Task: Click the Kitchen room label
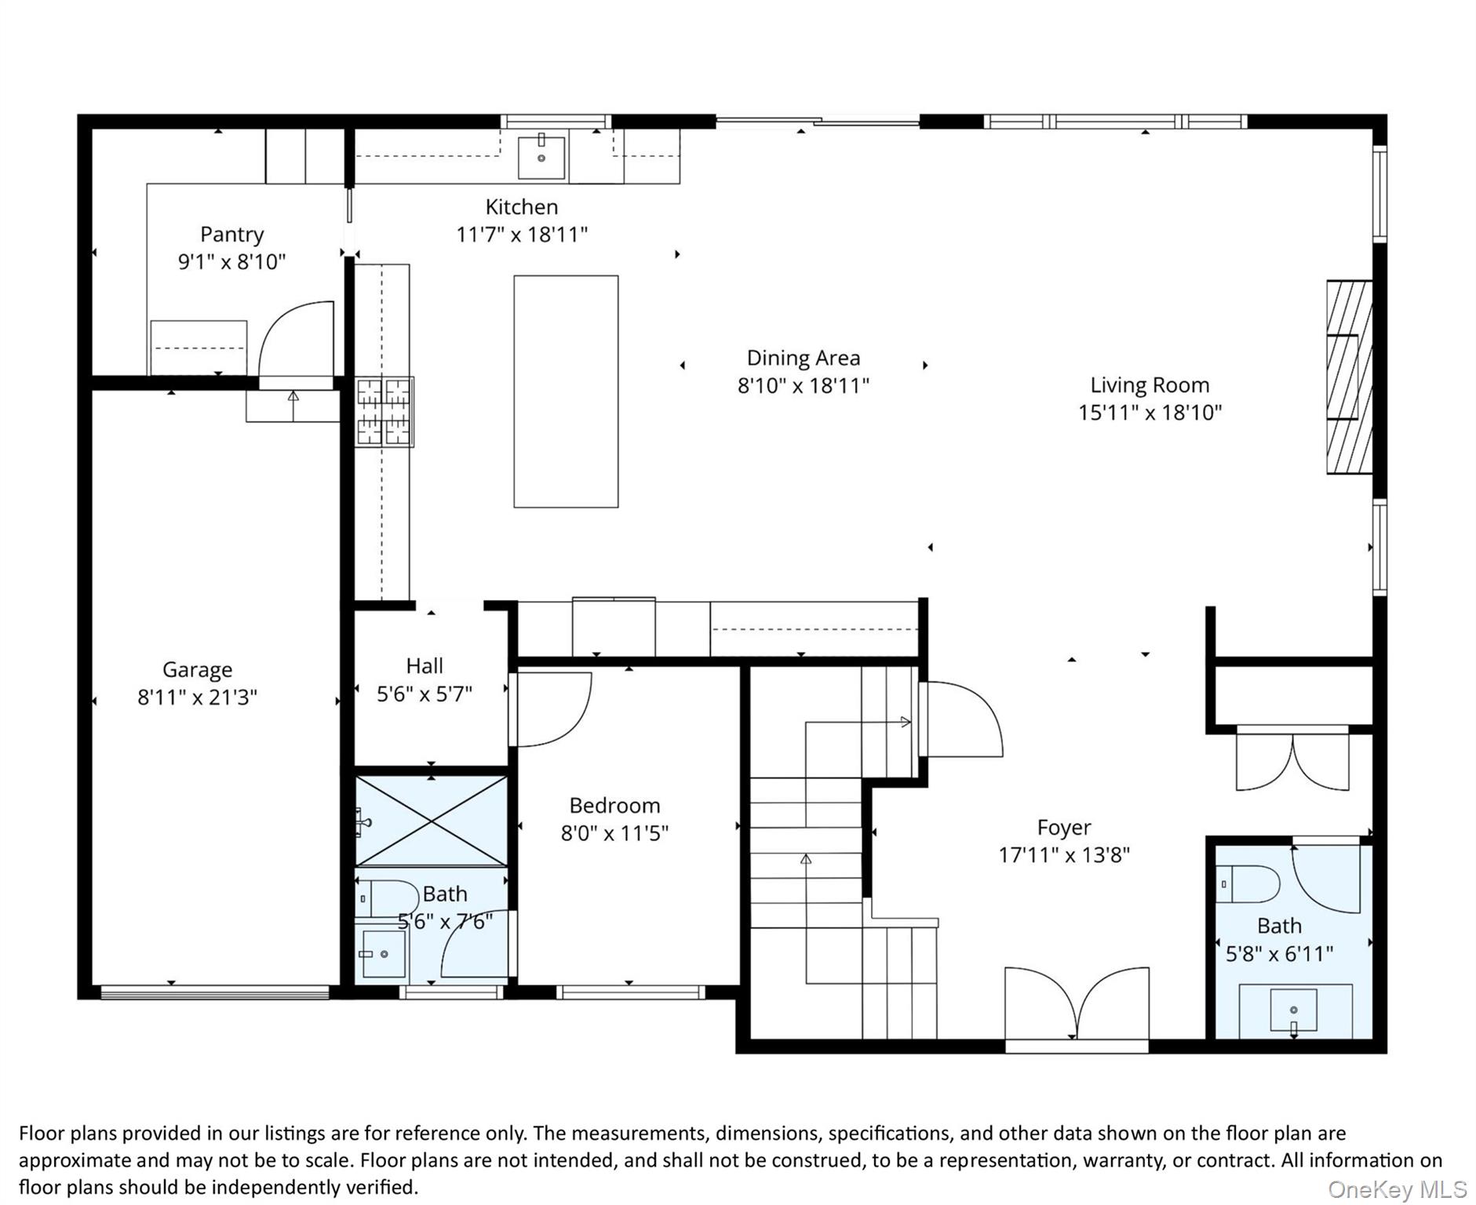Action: (521, 207)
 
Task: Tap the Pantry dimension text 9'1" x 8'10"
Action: (231, 261)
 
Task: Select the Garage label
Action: (197, 670)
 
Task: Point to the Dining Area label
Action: (803, 359)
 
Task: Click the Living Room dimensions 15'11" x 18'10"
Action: (1150, 413)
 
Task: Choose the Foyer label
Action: (1063, 828)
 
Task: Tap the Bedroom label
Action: (614, 806)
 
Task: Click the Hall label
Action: (425, 666)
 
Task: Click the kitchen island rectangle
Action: (566, 391)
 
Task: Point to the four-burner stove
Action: (384, 412)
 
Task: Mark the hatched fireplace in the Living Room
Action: (1349, 377)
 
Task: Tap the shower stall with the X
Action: (431, 821)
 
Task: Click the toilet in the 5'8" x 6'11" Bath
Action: (1248, 885)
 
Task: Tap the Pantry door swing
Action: (296, 339)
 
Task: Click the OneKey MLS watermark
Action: (1397, 1190)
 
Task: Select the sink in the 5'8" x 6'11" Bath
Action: (1294, 1011)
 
